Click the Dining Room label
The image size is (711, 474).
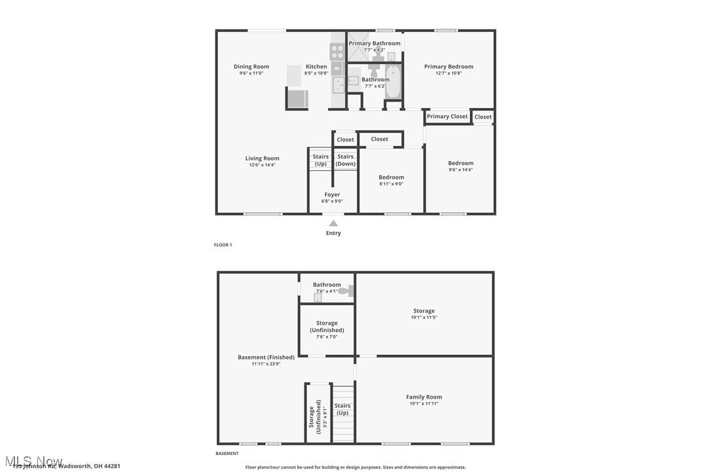pyautogui.click(x=251, y=67)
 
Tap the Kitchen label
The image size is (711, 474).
pyautogui.click(x=316, y=67)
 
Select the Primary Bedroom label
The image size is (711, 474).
pyautogui.click(x=448, y=67)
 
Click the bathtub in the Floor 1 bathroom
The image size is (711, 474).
pyautogui.click(x=393, y=82)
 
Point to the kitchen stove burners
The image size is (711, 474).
pyautogui.click(x=337, y=48)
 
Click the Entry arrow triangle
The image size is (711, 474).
pyautogui.click(x=333, y=223)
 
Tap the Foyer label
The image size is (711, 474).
pyautogui.click(x=332, y=194)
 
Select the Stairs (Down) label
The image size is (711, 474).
pyautogui.click(x=345, y=160)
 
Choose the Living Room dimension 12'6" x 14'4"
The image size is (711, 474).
pyautogui.click(x=262, y=165)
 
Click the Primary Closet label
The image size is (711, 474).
pyautogui.click(x=447, y=117)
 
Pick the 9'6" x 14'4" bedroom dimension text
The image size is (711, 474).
pyautogui.click(x=460, y=170)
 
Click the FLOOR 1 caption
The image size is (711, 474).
pyautogui.click(x=223, y=245)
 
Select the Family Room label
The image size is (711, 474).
pyautogui.click(x=424, y=397)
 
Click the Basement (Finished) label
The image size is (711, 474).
pyautogui.click(x=266, y=357)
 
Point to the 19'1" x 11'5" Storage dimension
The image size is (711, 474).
pyautogui.click(x=424, y=318)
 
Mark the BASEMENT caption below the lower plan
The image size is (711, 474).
pyautogui.click(x=227, y=453)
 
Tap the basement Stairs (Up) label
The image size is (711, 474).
pyautogui.click(x=342, y=409)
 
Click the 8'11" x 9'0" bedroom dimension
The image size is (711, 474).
pyautogui.click(x=391, y=184)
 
